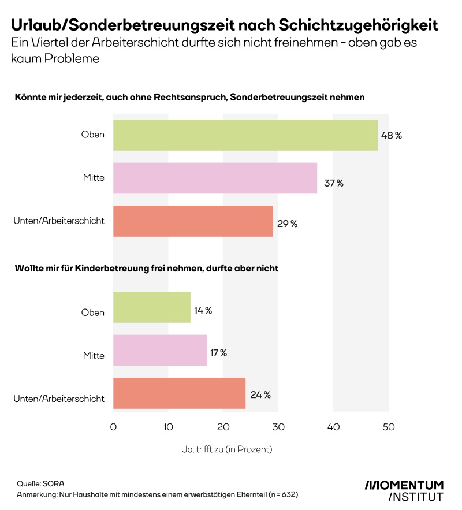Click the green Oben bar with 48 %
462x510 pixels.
pos(245,135)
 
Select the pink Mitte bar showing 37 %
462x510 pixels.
pos(215,178)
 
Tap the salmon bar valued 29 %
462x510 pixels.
pos(193,221)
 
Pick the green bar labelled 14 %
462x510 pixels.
pos(151,307)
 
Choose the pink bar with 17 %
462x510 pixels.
pos(160,350)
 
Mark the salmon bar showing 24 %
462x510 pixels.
pos(179,393)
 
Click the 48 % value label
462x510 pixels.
pos(391,136)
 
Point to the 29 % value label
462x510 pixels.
pos(287,224)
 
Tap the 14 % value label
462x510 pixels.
pos(203,311)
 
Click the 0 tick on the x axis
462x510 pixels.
pos(113,427)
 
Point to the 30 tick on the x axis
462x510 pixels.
pos(278,427)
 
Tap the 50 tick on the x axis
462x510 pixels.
pos(388,427)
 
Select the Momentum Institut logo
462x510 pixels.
pos(404,490)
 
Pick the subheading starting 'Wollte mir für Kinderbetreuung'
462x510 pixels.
pos(147,269)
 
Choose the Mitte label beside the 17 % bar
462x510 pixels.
pos(94,355)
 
